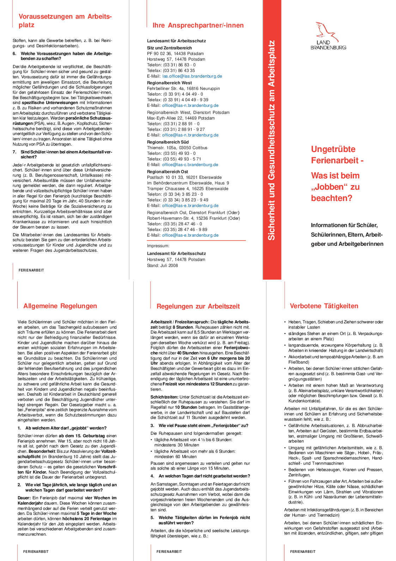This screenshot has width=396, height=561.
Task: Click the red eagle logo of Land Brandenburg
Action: (327, 31)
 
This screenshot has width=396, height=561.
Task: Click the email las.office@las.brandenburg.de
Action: (192, 76)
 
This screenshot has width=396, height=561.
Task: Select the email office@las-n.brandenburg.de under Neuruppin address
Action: (190, 105)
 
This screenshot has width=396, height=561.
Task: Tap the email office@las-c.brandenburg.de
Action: (190, 165)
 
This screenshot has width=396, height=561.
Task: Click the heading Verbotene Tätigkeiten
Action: (324, 306)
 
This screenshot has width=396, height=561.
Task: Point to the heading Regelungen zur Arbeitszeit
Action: (198, 306)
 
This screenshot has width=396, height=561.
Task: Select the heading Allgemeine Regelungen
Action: (60, 306)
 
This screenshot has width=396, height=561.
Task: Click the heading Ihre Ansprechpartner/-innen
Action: (198, 25)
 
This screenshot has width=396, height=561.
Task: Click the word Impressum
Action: (158, 246)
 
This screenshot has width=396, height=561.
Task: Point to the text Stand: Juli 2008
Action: (162, 266)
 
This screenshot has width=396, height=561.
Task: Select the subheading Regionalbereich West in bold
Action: (169, 83)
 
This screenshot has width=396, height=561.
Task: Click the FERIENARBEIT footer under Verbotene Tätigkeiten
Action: (303, 551)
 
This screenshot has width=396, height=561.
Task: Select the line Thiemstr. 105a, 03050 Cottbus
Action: (177, 148)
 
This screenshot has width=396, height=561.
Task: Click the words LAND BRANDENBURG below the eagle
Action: (328, 45)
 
